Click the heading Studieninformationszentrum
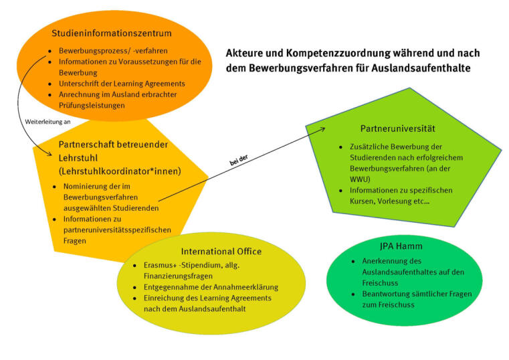pos(112,33)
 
